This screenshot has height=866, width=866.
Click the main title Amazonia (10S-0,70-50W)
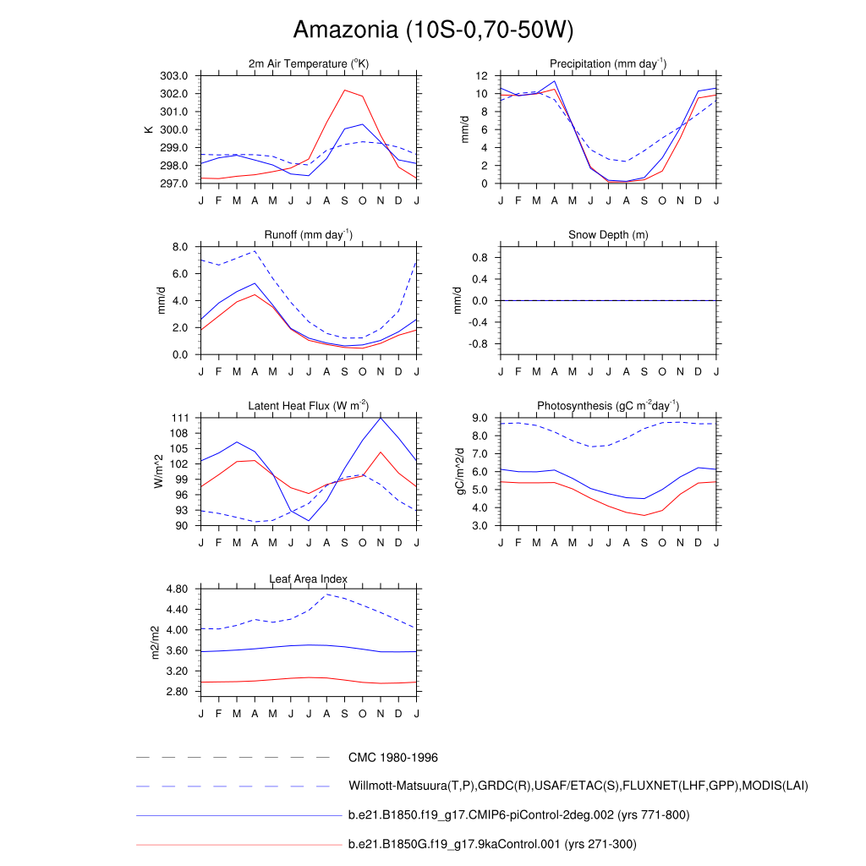(433, 30)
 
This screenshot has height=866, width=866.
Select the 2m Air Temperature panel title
(309, 64)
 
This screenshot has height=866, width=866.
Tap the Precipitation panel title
(608, 64)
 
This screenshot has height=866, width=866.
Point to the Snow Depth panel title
(608, 235)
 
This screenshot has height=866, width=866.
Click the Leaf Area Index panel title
(309, 579)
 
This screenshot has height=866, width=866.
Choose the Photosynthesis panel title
(608, 406)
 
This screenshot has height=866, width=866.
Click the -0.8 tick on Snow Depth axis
(480, 344)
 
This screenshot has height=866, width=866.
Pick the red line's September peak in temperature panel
(344, 90)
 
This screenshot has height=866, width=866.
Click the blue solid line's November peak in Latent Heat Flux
(381, 418)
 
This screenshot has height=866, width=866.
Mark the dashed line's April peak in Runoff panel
(255, 251)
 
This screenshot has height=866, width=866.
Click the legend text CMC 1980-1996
(392, 758)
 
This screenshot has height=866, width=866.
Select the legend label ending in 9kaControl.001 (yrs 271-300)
(492, 844)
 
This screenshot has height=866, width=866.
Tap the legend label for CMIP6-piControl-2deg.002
(518, 815)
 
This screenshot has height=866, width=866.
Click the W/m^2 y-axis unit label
(159, 471)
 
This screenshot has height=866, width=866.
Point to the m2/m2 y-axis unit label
(155, 643)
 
